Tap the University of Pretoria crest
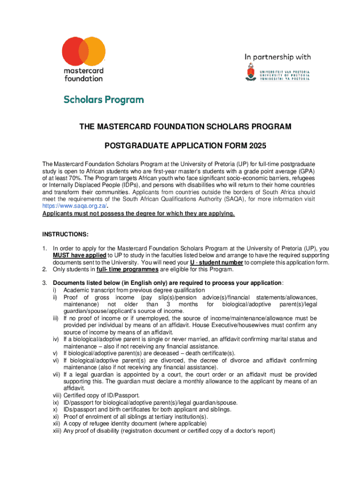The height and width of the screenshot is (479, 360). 251,73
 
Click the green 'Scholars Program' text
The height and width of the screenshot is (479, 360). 104,100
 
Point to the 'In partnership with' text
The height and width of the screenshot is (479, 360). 278,57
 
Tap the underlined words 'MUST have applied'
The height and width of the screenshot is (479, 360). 79,255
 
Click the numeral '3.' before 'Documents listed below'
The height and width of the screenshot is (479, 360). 45,283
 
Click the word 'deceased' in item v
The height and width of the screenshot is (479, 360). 169,353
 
